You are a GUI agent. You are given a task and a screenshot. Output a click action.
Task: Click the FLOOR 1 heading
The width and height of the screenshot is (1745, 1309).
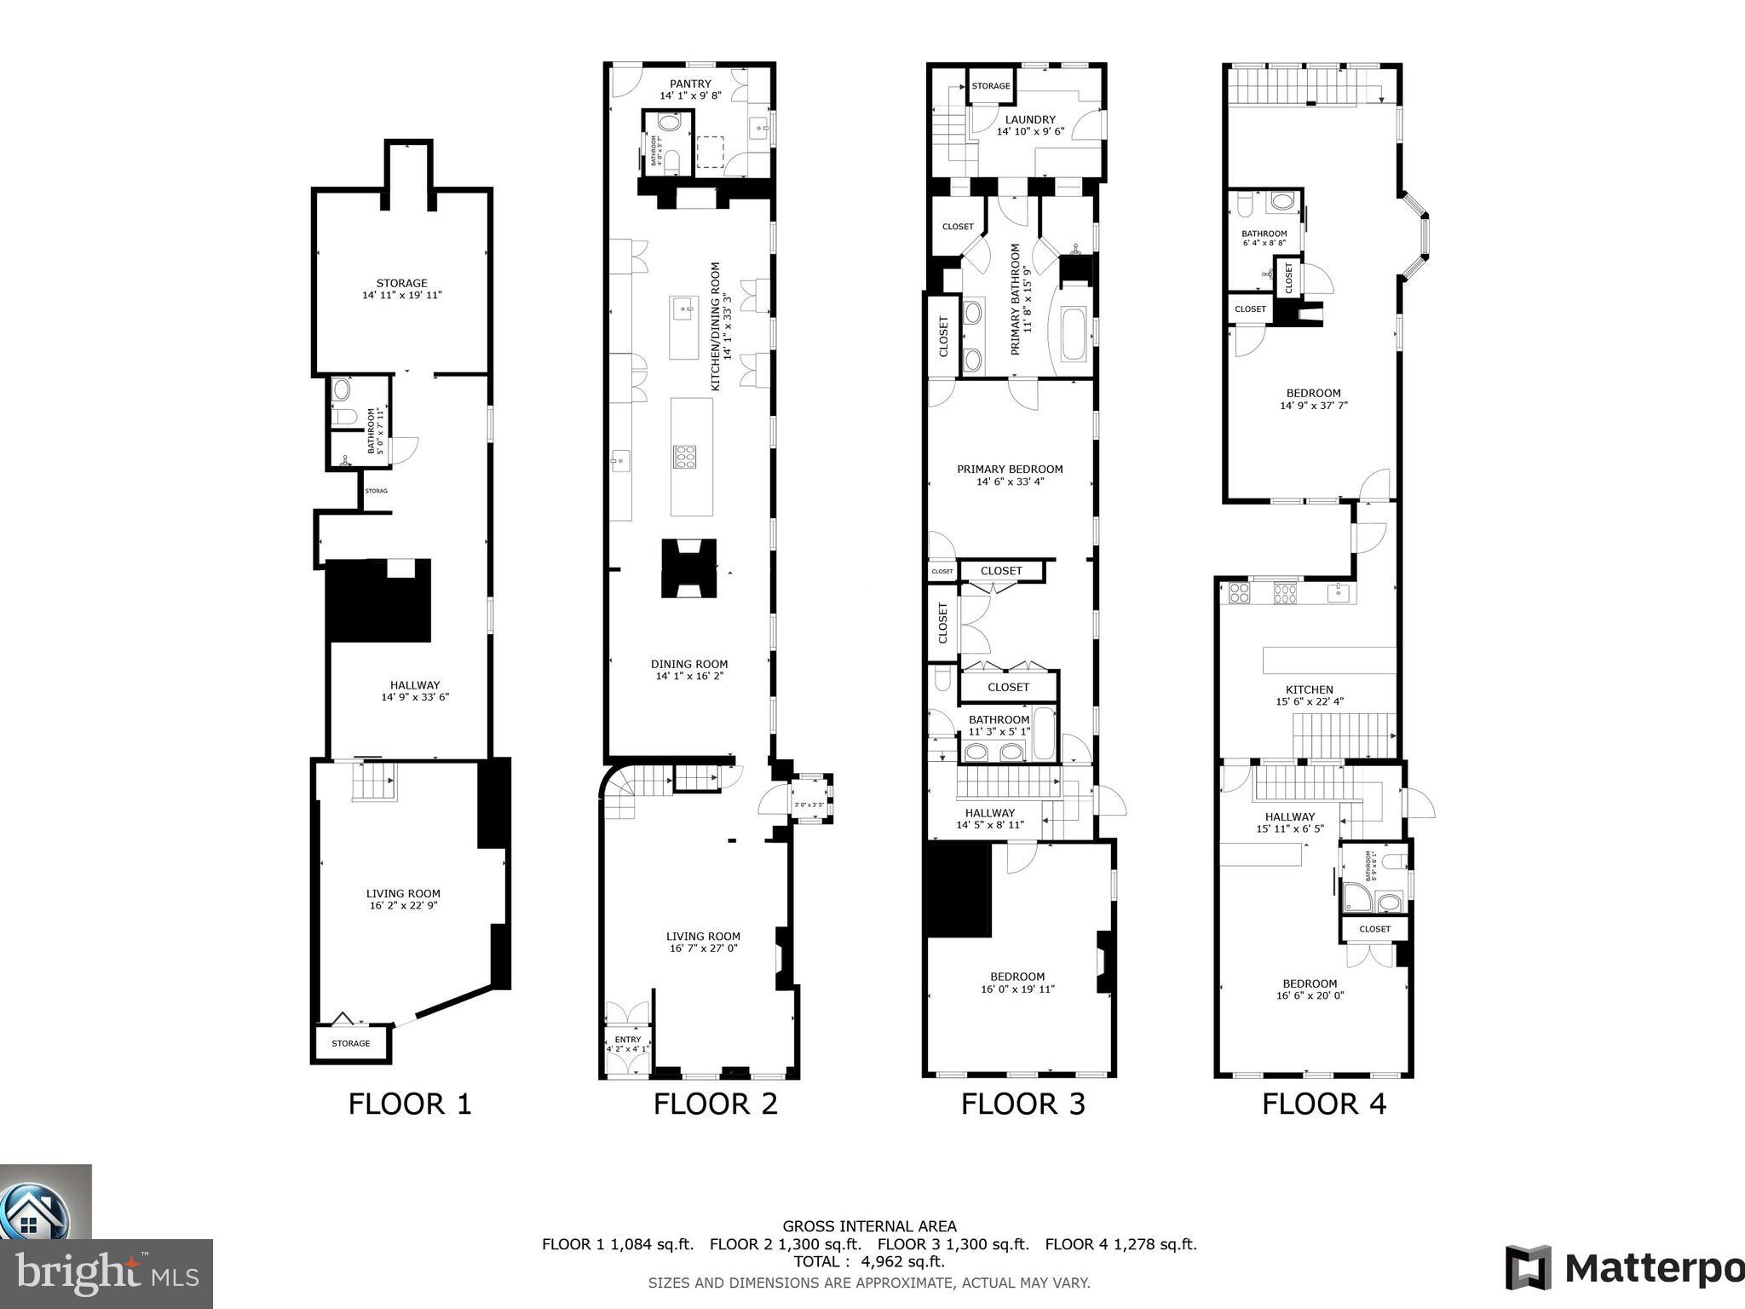pyautogui.click(x=409, y=1104)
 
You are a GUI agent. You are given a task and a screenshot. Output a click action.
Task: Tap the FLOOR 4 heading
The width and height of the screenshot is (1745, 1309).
pyautogui.click(x=1323, y=1104)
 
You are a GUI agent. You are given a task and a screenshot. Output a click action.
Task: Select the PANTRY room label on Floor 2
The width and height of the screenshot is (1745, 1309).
pyautogui.click(x=689, y=84)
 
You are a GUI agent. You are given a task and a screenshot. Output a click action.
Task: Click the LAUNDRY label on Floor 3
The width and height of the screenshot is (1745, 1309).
pyautogui.click(x=1029, y=119)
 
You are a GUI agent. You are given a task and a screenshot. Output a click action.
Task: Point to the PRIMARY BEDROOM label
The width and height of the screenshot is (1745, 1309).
pyautogui.click(x=1010, y=469)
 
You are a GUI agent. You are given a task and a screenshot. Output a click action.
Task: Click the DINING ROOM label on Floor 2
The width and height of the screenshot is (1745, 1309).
pyautogui.click(x=689, y=664)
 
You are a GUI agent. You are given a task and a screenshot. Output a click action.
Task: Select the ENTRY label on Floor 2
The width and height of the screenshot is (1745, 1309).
pyautogui.click(x=627, y=1040)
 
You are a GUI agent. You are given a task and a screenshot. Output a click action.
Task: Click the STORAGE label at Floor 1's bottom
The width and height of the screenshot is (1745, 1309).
pyautogui.click(x=351, y=1043)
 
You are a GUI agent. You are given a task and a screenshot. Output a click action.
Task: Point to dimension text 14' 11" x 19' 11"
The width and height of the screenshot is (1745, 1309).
pyautogui.click(x=402, y=296)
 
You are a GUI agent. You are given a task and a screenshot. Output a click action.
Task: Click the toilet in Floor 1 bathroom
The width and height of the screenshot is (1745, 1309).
pyautogui.click(x=343, y=416)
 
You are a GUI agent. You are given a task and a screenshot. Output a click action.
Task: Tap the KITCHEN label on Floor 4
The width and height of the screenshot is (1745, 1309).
pyautogui.click(x=1309, y=689)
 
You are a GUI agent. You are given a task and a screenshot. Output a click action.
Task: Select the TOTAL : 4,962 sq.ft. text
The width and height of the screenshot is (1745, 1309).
pyautogui.click(x=869, y=1261)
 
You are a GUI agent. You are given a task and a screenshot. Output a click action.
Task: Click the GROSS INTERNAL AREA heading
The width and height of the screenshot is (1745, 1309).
pyautogui.click(x=869, y=1226)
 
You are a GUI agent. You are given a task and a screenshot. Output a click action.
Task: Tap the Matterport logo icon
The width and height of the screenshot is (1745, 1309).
pyautogui.click(x=1529, y=1267)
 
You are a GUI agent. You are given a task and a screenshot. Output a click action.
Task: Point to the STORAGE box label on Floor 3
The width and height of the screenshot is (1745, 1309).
pyautogui.click(x=991, y=86)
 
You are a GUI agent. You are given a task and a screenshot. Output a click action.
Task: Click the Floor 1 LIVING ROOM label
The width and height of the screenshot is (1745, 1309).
pyautogui.click(x=403, y=894)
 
